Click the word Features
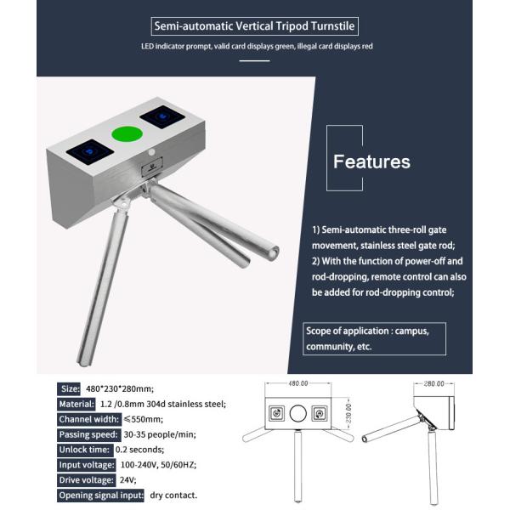click(x=371, y=161)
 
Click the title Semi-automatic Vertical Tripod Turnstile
click(x=254, y=25)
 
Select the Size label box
click(x=70, y=388)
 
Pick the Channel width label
click(x=88, y=418)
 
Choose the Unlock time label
click(x=83, y=449)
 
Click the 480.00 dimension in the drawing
click(x=297, y=383)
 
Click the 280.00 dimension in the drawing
click(x=433, y=383)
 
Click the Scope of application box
click(x=374, y=338)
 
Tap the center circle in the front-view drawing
click(x=297, y=415)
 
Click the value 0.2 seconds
click(x=140, y=449)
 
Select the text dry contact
click(x=174, y=495)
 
